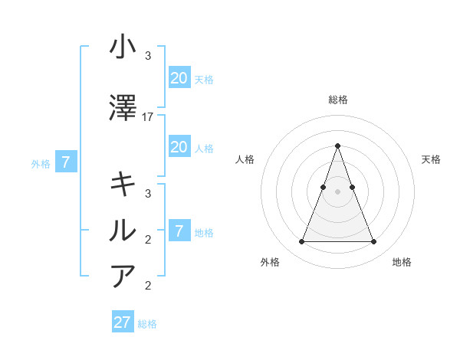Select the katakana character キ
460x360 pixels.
point(123,184)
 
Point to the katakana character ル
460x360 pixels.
point(123,229)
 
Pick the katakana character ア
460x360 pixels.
point(123,275)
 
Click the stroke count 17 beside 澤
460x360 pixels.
point(148,117)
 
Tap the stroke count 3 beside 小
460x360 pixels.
point(148,56)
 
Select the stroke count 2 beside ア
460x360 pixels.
point(148,286)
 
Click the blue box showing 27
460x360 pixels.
point(123,322)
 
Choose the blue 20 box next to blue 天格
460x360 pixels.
point(179,78)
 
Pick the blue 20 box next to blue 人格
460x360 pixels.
point(179,147)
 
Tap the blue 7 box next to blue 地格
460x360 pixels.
point(179,231)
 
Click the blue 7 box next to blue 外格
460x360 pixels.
point(66,162)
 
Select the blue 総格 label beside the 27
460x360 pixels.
point(147,324)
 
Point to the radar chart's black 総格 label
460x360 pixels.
point(337,100)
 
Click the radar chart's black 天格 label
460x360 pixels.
point(431,159)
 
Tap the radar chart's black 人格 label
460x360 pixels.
point(245,159)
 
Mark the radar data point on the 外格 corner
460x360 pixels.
point(301,242)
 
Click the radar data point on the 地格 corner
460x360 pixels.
point(373,242)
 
